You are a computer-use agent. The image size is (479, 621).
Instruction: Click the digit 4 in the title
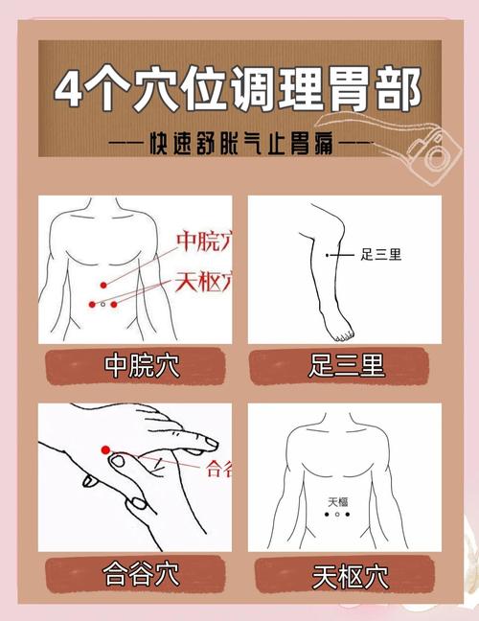70,90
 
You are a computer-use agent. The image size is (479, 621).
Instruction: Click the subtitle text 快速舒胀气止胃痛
240,145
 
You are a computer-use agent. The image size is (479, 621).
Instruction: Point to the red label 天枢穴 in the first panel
202,282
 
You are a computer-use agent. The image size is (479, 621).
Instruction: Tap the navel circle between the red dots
103,304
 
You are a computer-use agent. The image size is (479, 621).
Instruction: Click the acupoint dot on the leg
328,255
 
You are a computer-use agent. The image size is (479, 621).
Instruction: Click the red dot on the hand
105,449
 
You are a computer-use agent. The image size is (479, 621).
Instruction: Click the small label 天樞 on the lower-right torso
337,501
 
